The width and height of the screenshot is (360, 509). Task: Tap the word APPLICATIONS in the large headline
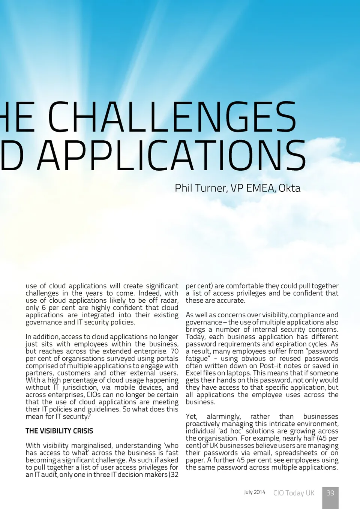point(172,156)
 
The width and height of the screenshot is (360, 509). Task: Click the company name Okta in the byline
point(289,188)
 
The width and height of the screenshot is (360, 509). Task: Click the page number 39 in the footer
point(330,493)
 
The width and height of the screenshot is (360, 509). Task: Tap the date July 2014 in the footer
point(255,492)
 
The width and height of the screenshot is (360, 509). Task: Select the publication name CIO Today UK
point(294,493)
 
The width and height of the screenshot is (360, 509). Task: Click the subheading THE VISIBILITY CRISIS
point(59,431)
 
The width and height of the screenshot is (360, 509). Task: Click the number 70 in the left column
point(175,351)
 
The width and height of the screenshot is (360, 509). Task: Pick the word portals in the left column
point(167,359)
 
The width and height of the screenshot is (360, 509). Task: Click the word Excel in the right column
point(193,373)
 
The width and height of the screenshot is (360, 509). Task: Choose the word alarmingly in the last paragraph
point(224,416)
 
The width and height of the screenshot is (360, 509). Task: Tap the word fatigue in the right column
point(197,359)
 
